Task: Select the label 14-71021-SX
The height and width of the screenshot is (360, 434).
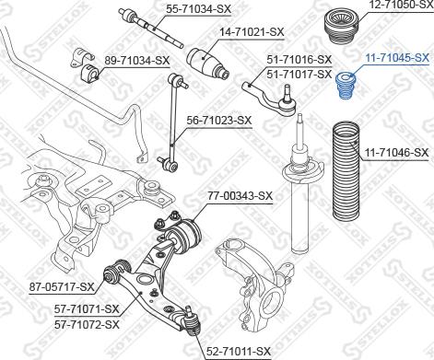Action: [x=252, y=31]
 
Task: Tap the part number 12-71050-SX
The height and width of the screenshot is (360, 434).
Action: [x=399, y=6]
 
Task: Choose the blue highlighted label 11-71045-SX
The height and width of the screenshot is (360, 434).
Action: [x=396, y=57]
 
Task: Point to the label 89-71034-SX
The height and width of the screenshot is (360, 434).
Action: [x=137, y=60]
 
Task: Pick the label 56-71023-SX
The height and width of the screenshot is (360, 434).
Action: [x=219, y=119]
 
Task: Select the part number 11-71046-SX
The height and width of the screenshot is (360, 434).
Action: [x=397, y=151]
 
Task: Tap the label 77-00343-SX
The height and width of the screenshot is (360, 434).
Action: [x=239, y=195]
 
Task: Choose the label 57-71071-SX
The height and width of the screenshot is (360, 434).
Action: [x=87, y=308]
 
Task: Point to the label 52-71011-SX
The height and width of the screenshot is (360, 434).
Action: [x=238, y=351]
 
